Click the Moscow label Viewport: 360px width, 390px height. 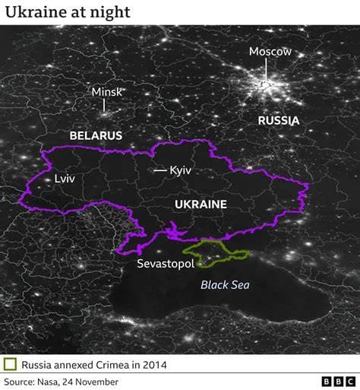[x=270, y=52]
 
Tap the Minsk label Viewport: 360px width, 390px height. [x=106, y=92]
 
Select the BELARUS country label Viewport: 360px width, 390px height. [x=96, y=135]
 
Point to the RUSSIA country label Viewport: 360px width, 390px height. [x=278, y=120]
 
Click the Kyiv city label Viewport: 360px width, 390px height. [x=181, y=170]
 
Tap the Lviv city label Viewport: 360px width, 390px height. [x=65, y=179]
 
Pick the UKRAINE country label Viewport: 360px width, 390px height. [x=201, y=205]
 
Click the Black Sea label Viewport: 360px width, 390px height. [x=225, y=285]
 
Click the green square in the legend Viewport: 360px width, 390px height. [x=10, y=365]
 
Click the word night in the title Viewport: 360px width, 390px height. [x=112, y=12]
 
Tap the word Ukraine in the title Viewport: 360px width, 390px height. [x=30, y=12]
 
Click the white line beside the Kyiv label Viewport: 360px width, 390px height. [x=159, y=170]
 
